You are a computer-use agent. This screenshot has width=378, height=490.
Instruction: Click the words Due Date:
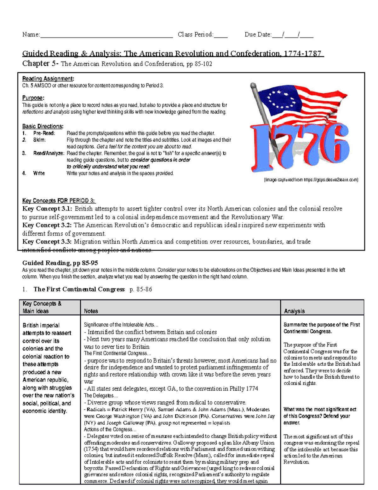pos(258,35)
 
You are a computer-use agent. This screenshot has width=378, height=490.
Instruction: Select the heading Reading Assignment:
pos(48,79)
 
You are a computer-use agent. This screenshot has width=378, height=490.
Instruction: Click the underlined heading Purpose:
pos(33,98)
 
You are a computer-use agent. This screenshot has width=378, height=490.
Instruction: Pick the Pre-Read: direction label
pos(44,133)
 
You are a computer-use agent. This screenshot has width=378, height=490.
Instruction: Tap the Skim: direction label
pos(39,140)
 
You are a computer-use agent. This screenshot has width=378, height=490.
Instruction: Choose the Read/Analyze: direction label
pos(49,153)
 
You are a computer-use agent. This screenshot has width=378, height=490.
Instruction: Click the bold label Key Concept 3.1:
pos(47,209)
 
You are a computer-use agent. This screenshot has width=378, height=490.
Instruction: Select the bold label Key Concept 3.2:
pos(47,225)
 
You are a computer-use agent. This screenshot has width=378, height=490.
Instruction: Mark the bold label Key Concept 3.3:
pos(47,242)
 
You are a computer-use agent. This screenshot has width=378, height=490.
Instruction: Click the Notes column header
pos(91,311)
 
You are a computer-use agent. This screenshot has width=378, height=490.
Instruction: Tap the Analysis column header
pos(294,311)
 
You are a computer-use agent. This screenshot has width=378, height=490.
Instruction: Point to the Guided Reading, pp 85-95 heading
pos(60,263)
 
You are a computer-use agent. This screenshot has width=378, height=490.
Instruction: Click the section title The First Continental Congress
pos(79,289)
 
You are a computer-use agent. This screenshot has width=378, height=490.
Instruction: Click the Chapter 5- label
pos(40,64)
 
